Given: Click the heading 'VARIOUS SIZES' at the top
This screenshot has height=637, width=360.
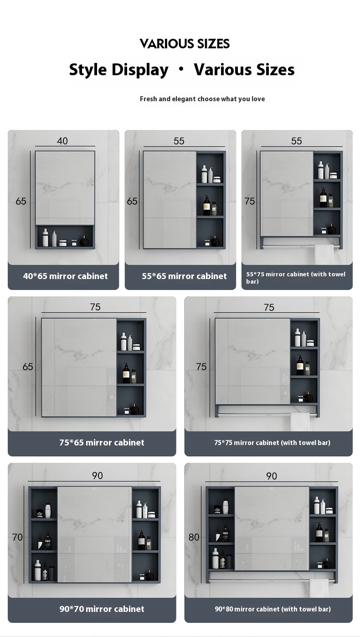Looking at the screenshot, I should pyautogui.click(x=185, y=44).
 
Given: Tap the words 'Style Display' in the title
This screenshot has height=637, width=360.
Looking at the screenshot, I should pyautogui.click(x=118, y=70).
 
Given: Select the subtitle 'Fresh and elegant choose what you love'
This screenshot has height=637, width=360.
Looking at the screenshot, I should pyautogui.click(x=202, y=99).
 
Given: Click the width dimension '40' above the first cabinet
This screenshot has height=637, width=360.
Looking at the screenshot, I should pyautogui.click(x=62, y=141).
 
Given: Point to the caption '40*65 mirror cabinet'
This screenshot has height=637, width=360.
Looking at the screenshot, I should pyautogui.click(x=66, y=276).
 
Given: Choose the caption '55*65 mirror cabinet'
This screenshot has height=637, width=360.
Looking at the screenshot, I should pyautogui.click(x=184, y=276).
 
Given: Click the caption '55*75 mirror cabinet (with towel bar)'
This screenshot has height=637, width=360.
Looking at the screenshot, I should pyautogui.click(x=296, y=278).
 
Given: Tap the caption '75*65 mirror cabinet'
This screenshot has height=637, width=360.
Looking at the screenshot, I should pyautogui.click(x=102, y=442).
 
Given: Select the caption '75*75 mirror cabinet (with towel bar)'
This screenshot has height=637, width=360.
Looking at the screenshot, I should pyautogui.click(x=272, y=442).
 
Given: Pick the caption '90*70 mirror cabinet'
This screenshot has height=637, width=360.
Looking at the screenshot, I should pyautogui.click(x=102, y=609).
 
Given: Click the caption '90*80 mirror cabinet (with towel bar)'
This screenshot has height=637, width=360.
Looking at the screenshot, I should pyautogui.click(x=273, y=609).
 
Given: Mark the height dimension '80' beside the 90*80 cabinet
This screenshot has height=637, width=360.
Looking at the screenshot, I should pyautogui.click(x=194, y=537).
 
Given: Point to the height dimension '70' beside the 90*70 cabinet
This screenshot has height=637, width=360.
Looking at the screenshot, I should pyautogui.click(x=17, y=537).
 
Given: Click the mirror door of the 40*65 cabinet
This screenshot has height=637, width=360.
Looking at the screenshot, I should pyautogui.click(x=65, y=187).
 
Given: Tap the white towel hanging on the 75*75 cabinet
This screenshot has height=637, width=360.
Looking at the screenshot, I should pyautogui.click(x=300, y=422).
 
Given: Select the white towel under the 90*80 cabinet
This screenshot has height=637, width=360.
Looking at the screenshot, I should pyautogui.click(x=319, y=588).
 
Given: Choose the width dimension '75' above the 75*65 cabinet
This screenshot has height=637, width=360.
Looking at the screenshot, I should pyautogui.click(x=95, y=307).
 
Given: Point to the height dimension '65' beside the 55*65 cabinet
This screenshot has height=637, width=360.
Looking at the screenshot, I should pyautogui.click(x=132, y=201).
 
